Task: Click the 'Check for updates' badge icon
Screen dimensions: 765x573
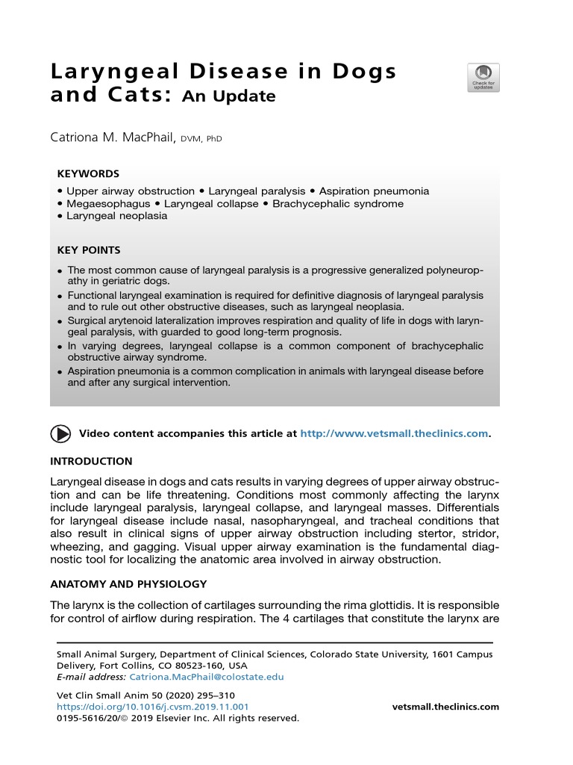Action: [483, 78]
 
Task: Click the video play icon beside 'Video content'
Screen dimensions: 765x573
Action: [60, 433]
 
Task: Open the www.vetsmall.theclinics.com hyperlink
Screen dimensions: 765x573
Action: [394, 433]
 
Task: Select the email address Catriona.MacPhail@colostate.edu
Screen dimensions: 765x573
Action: [207, 677]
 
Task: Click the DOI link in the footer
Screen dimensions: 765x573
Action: [153, 707]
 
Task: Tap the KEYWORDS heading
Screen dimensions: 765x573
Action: [88, 173]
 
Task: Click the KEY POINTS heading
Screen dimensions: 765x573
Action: [89, 250]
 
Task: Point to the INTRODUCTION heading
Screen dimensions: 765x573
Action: [91, 461]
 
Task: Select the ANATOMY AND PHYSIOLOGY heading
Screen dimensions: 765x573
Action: [128, 583]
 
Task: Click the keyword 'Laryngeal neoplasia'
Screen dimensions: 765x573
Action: [116, 216]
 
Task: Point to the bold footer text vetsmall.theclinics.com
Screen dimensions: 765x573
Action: [445, 707]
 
